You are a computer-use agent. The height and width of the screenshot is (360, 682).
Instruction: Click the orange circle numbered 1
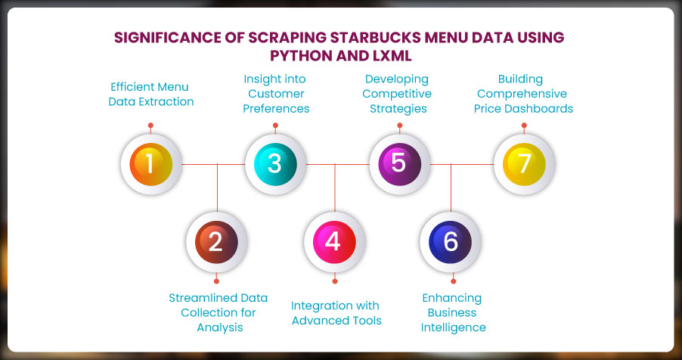[151, 164]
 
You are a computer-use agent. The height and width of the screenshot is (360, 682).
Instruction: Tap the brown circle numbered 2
[216, 242]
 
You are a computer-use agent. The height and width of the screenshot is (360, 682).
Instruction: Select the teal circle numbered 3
[275, 164]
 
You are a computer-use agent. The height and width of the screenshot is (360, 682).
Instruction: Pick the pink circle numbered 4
[334, 242]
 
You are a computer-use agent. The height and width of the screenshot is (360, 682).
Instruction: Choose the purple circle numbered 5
[400, 164]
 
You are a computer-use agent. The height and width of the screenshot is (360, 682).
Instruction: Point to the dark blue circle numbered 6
[450, 242]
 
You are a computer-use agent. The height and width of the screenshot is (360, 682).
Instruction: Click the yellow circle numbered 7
[524, 164]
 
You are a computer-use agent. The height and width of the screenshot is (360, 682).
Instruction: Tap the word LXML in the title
[392, 56]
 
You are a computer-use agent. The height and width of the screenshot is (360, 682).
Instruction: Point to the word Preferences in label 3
[276, 108]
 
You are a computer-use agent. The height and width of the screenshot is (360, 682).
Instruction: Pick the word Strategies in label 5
[398, 108]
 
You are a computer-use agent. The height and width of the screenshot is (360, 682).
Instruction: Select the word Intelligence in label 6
[453, 327]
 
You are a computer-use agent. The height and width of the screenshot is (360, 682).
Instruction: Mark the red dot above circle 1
[150, 126]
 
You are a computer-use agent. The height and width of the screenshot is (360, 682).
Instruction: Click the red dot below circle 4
[335, 281]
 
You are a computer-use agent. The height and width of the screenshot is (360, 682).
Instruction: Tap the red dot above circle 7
[524, 126]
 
